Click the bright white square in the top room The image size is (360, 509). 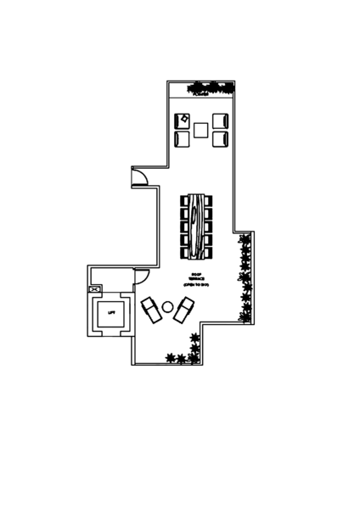point(183,139)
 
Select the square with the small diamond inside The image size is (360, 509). point(182,120)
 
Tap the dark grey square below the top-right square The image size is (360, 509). point(221,138)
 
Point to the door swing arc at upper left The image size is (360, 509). point(138,176)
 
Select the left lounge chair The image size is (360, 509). point(153,310)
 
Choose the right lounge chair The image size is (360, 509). point(183,310)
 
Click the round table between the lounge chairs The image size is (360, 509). point(168,306)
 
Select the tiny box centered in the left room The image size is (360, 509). point(110,313)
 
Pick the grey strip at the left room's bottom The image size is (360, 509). point(110,333)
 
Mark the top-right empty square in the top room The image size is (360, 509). point(221,120)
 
